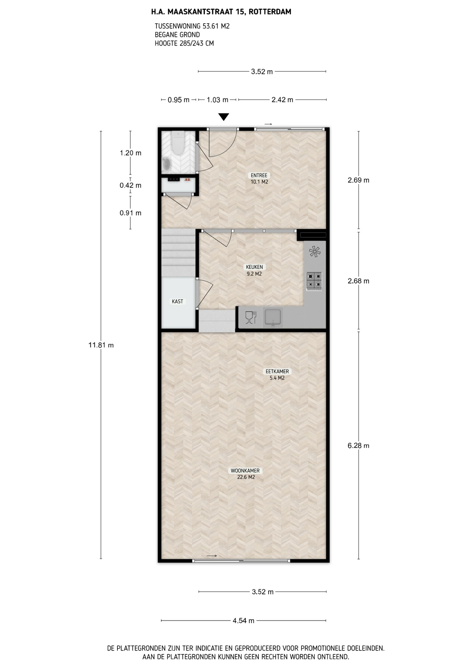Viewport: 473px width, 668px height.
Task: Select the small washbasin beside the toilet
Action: click(x=166, y=164)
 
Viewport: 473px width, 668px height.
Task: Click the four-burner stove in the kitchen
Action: click(x=314, y=281)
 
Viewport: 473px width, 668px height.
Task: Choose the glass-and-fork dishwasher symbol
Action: click(x=250, y=317)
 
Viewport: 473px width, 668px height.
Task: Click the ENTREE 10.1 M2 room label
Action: click(x=259, y=178)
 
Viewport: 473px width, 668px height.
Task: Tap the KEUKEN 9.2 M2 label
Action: click(x=254, y=270)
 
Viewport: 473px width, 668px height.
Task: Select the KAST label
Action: click(x=177, y=301)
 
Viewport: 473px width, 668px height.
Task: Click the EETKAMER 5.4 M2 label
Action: click(x=277, y=375)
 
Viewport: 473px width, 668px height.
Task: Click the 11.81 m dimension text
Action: click(x=101, y=345)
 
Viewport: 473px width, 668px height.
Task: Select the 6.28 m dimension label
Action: click(x=358, y=445)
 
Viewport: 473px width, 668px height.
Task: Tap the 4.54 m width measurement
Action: click(x=243, y=620)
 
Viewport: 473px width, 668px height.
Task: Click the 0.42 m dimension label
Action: click(x=131, y=185)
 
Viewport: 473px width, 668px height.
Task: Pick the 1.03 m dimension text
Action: click(x=217, y=100)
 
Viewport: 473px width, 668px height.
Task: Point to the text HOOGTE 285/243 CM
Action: click(x=184, y=43)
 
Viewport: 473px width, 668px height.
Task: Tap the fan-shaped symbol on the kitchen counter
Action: click(x=315, y=252)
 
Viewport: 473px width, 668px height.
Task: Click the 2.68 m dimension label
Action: click(x=358, y=281)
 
